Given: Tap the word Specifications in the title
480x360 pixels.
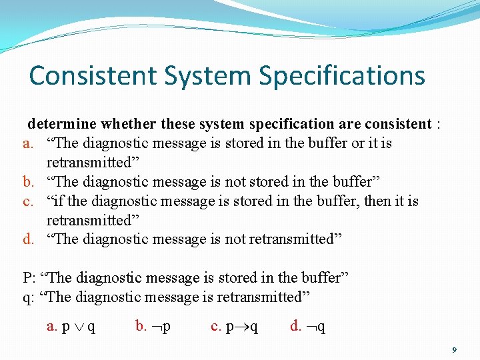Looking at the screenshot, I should [x=342, y=77].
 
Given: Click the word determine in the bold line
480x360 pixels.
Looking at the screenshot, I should [x=62, y=124].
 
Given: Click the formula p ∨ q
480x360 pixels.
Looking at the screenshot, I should [x=78, y=326].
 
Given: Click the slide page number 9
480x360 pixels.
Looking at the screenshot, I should [x=454, y=349].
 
